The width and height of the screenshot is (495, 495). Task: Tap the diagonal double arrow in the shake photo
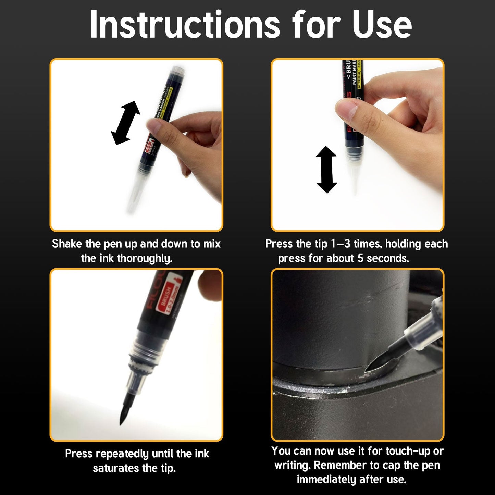coord(126,123)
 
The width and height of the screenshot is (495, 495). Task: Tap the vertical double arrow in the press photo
coord(326,170)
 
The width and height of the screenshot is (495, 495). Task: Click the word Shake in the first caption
coord(67,244)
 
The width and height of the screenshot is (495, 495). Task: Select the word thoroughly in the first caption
coord(144,258)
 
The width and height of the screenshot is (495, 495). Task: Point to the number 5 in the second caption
coord(360,258)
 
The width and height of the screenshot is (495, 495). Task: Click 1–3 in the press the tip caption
coord(341,244)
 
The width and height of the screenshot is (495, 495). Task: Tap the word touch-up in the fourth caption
coord(408,451)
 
